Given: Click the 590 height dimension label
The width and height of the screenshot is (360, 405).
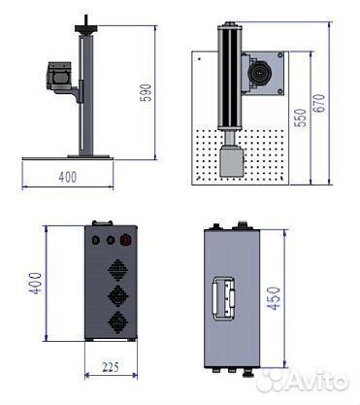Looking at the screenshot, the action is (x=147, y=92).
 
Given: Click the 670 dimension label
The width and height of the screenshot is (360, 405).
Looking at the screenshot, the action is (x=319, y=103).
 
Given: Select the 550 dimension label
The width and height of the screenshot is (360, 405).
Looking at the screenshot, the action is (x=301, y=118).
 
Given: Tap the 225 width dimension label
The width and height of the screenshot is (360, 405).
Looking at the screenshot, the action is (x=111, y=367).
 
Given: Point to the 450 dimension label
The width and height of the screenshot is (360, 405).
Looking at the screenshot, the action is (x=274, y=298).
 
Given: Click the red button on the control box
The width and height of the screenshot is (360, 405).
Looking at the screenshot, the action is (x=125, y=240).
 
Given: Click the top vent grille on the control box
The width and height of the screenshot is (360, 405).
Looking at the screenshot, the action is (x=118, y=270).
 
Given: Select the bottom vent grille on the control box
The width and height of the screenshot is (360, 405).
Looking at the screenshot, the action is (x=118, y=322).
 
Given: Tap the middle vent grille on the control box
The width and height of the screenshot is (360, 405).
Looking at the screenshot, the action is (x=118, y=296).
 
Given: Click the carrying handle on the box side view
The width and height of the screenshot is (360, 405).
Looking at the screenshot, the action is (x=222, y=298).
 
